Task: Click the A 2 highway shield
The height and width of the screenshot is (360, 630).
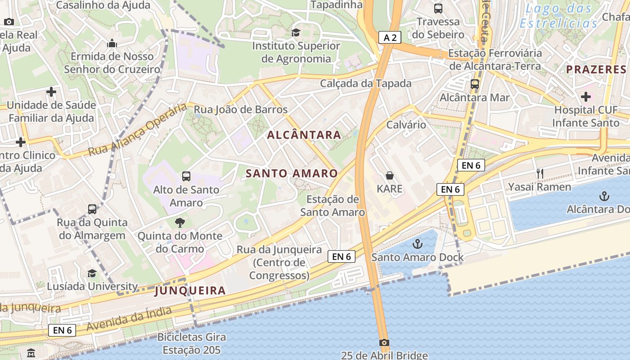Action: (390, 37)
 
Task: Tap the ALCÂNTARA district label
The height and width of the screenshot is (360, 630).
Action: (304, 135)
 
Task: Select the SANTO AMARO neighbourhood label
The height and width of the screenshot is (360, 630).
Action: (292, 173)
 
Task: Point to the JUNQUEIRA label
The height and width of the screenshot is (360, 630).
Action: (190, 291)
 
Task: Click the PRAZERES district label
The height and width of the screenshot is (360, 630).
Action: (596, 69)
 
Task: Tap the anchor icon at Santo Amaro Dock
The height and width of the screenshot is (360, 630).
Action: (418, 244)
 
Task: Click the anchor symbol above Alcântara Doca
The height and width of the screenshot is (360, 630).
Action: (605, 196)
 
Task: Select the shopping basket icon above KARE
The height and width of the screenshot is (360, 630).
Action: (390, 175)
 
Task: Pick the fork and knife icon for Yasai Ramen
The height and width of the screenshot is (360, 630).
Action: (540, 174)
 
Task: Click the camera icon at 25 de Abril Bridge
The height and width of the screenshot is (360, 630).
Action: (384, 342)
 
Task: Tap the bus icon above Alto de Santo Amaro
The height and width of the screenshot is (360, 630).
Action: (186, 176)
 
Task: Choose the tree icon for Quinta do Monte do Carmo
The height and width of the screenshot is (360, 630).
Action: (180, 222)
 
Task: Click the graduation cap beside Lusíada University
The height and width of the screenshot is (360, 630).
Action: (92, 273)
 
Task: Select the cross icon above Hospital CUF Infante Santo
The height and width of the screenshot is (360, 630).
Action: (585, 96)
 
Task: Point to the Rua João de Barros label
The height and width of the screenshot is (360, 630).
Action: (240, 109)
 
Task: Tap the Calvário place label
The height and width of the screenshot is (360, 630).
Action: (406, 125)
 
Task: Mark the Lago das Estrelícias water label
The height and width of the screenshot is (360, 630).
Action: (559, 15)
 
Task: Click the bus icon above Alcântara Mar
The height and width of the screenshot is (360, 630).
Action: (474, 84)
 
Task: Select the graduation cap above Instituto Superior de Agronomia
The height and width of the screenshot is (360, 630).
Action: (296, 32)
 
